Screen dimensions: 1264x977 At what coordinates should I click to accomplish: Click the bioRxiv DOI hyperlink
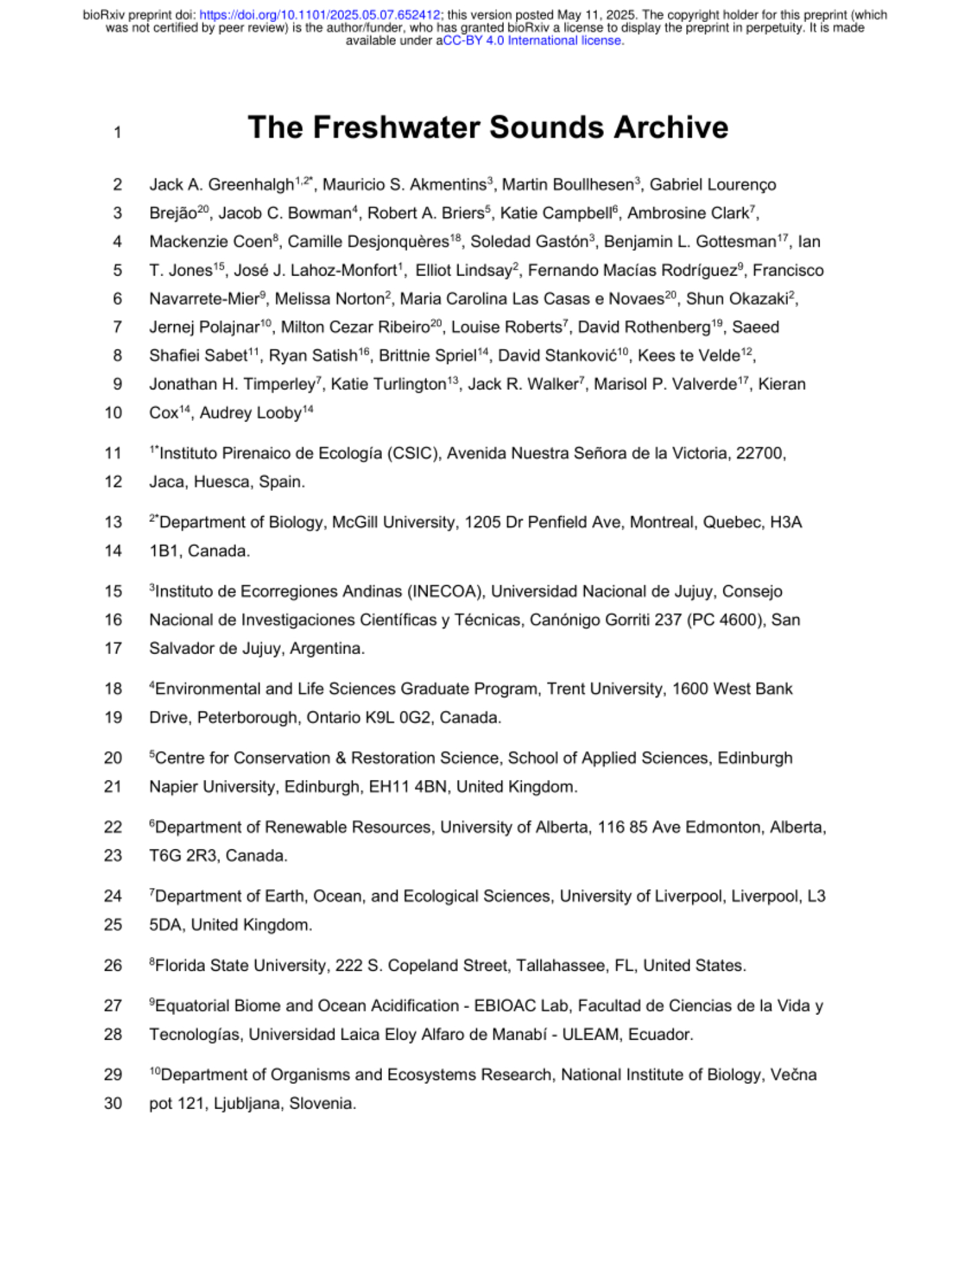319,15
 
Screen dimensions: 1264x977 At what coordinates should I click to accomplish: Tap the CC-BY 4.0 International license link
532,40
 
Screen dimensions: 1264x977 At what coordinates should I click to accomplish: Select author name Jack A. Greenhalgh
221,185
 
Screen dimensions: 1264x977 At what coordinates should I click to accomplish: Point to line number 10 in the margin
113,413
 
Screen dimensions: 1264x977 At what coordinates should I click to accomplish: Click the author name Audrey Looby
250,413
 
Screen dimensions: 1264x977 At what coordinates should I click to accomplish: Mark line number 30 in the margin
113,1103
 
